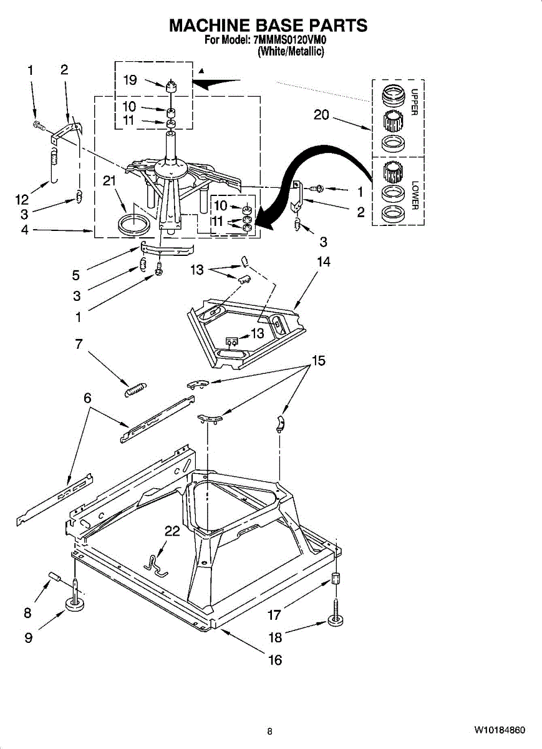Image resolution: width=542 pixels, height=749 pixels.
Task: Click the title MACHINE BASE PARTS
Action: click(269, 26)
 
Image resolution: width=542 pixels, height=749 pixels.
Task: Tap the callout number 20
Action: click(321, 115)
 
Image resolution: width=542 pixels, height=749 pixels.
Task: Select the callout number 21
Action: click(110, 181)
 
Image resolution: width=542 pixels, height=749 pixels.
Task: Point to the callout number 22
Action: click(172, 531)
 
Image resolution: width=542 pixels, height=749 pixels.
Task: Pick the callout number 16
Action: click(275, 660)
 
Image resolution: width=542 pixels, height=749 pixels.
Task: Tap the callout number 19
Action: click(130, 80)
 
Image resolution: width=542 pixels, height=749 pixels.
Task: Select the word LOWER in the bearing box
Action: click(414, 195)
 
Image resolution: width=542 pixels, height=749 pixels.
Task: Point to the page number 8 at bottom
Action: click(269, 732)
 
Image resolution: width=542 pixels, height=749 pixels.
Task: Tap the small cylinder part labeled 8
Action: click(54, 577)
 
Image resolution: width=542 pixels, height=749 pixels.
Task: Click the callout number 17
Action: click(274, 615)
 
